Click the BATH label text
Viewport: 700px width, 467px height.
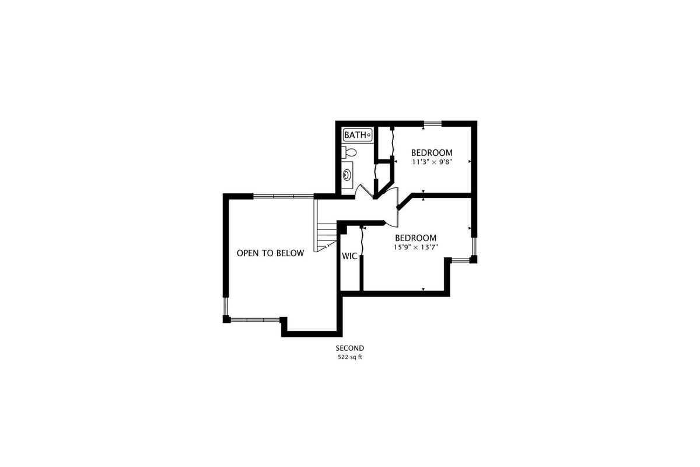355,135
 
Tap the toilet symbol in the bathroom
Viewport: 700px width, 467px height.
349,152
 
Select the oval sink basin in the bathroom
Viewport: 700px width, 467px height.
346,175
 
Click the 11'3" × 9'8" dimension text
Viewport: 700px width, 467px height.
432,162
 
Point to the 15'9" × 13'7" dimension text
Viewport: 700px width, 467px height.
415,247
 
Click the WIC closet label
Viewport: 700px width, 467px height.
349,256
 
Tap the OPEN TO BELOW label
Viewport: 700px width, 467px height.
270,253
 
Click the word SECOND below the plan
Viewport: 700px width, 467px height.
349,348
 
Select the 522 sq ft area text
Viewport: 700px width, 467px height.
349,357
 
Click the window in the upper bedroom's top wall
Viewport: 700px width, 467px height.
432,124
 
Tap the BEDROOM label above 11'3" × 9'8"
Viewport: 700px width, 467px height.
432,152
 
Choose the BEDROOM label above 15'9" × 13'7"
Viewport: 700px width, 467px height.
415,238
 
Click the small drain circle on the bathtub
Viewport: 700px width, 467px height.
369,135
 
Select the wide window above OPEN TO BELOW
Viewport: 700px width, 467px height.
283,197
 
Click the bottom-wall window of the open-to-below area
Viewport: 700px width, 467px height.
255,320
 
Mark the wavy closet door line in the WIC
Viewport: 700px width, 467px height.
362,241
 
